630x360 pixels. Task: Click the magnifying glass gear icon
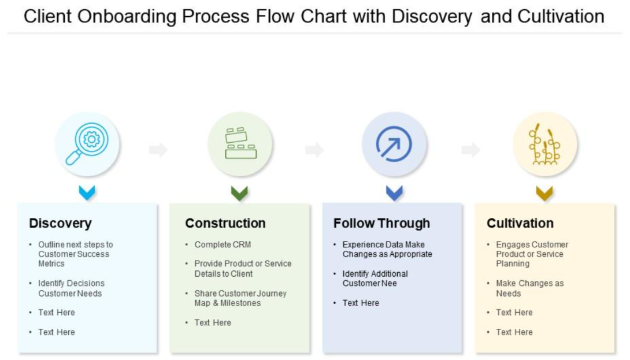[x=87, y=144]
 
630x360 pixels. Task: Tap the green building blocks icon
[x=240, y=144]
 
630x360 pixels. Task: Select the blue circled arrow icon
[x=394, y=144]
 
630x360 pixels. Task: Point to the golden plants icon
[x=546, y=144]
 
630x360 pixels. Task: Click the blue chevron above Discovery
[x=87, y=192]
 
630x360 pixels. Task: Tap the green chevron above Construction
[x=239, y=192]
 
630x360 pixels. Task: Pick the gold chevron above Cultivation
[x=544, y=192]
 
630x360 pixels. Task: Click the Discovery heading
[x=60, y=223]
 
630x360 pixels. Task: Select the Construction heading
[x=225, y=223]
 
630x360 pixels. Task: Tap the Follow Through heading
[x=381, y=223]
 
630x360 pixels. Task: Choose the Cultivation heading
[x=520, y=223]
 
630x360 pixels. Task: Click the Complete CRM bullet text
[x=223, y=244]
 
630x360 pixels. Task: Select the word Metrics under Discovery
[x=51, y=263]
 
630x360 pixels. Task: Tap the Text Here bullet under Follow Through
[x=361, y=303]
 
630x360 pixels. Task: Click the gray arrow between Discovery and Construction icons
[x=158, y=150]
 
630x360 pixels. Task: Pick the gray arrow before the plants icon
[x=470, y=150]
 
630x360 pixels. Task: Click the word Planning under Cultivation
[x=512, y=263]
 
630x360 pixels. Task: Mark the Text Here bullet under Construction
[x=213, y=322]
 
